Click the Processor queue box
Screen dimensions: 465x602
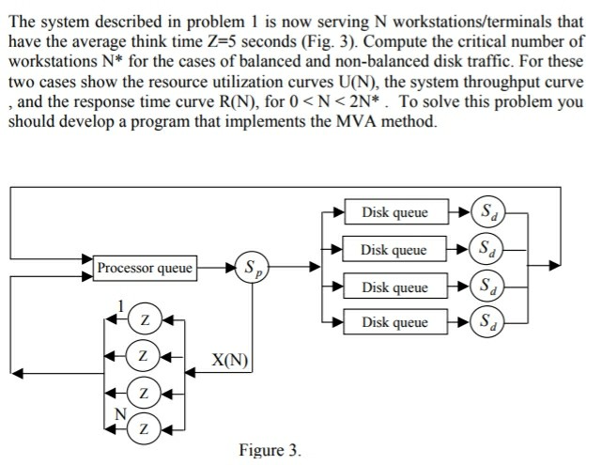coord(145,269)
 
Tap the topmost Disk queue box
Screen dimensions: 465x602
coord(394,213)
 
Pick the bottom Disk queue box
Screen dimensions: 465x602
coord(394,323)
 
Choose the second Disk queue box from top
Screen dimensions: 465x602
coord(394,250)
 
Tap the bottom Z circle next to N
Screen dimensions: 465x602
coord(144,428)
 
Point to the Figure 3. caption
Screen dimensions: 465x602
coord(270,451)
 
